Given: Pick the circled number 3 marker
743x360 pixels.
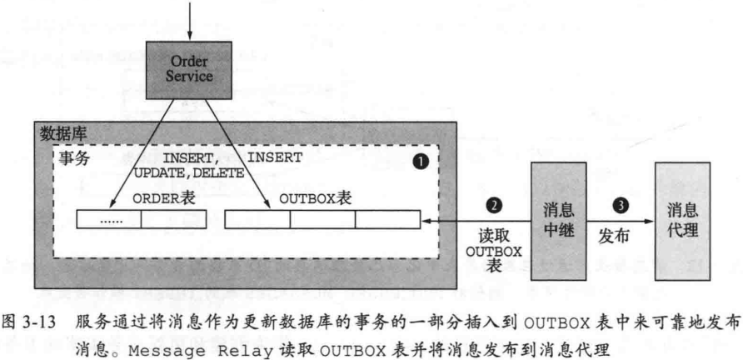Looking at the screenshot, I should coord(620,205).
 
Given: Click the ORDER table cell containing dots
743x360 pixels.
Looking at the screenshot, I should coord(109,219).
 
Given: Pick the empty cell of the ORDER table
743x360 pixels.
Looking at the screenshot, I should coord(173,219).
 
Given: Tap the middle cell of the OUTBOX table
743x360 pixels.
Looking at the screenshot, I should coord(322,219).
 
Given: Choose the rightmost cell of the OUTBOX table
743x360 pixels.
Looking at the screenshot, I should coord(387,219).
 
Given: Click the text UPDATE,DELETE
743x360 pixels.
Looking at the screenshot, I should coord(190,172).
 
